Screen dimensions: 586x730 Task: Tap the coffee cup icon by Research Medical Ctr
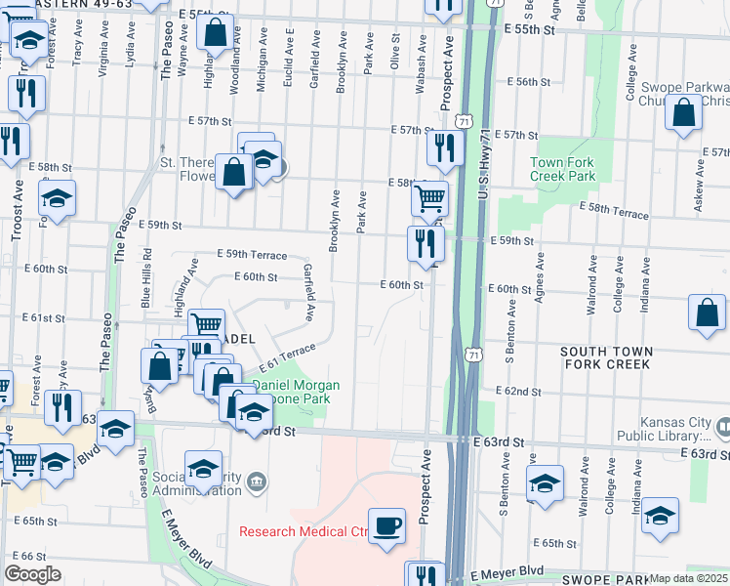[387, 525]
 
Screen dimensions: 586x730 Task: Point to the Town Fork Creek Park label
[562, 170]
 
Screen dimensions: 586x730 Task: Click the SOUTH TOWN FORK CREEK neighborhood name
[604, 356]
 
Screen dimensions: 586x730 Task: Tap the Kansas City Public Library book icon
[723, 427]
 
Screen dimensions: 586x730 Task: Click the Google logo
[32, 574]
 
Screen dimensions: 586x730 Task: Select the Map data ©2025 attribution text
[688, 578]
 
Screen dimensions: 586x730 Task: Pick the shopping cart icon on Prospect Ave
[429, 198]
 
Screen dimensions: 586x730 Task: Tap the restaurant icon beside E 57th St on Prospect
[443, 148]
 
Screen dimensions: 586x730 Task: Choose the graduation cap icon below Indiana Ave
[661, 515]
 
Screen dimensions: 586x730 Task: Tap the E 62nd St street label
[518, 391]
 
